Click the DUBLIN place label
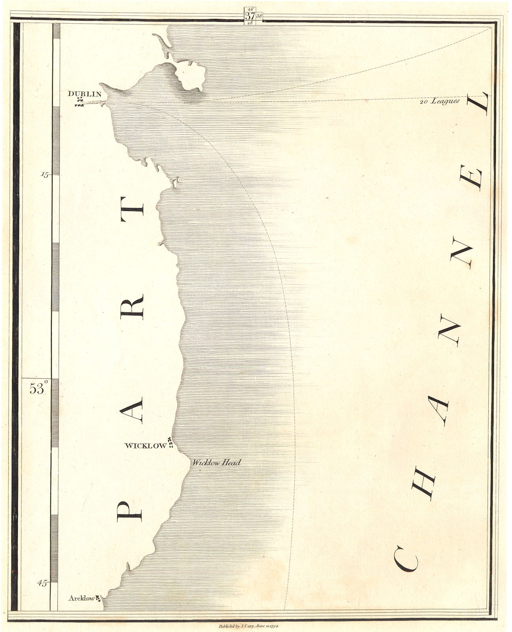pyautogui.click(x=84, y=94)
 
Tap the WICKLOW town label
pyautogui.click(x=145, y=446)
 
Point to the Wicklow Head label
pyautogui.click(x=216, y=463)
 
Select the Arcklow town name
pyautogui.click(x=82, y=598)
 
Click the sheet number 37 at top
pyautogui.click(x=250, y=16)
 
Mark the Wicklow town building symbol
pyautogui.click(x=170, y=443)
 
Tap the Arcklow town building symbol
pyautogui.click(x=98, y=599)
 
